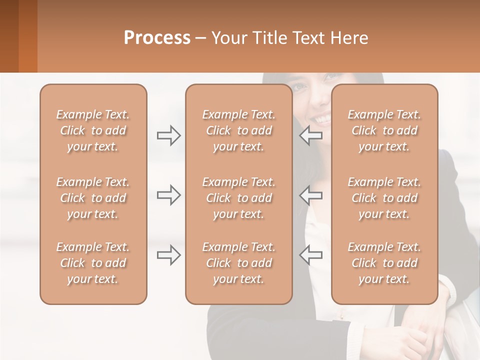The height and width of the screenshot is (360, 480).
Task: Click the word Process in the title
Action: (157, 38)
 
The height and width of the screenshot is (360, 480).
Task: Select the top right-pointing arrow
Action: (168, 135)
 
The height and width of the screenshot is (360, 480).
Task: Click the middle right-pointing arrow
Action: (168, 195)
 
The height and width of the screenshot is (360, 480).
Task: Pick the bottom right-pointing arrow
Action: (168, 255)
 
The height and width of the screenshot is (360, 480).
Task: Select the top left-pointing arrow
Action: (311, 135)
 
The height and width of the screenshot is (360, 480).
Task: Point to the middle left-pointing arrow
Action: (311, 195)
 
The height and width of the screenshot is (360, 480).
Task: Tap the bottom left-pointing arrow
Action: (311, 255)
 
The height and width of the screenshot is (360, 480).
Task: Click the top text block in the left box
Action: (93, 130)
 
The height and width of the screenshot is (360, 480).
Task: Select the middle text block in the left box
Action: (93, 198)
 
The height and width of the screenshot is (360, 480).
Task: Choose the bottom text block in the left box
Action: (93, 263)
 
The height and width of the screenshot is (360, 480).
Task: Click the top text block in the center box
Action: (238, 130)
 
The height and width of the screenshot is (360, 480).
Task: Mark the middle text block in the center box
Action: (238, 198)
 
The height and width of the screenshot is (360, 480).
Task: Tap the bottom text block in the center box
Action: (238, 263)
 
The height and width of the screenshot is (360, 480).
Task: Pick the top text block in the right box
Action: (384, 130)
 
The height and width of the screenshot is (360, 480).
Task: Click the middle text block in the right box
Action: (384, 198)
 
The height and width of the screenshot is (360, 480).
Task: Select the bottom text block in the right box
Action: (384, 263)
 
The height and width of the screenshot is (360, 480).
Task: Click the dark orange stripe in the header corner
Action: (27, 36)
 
